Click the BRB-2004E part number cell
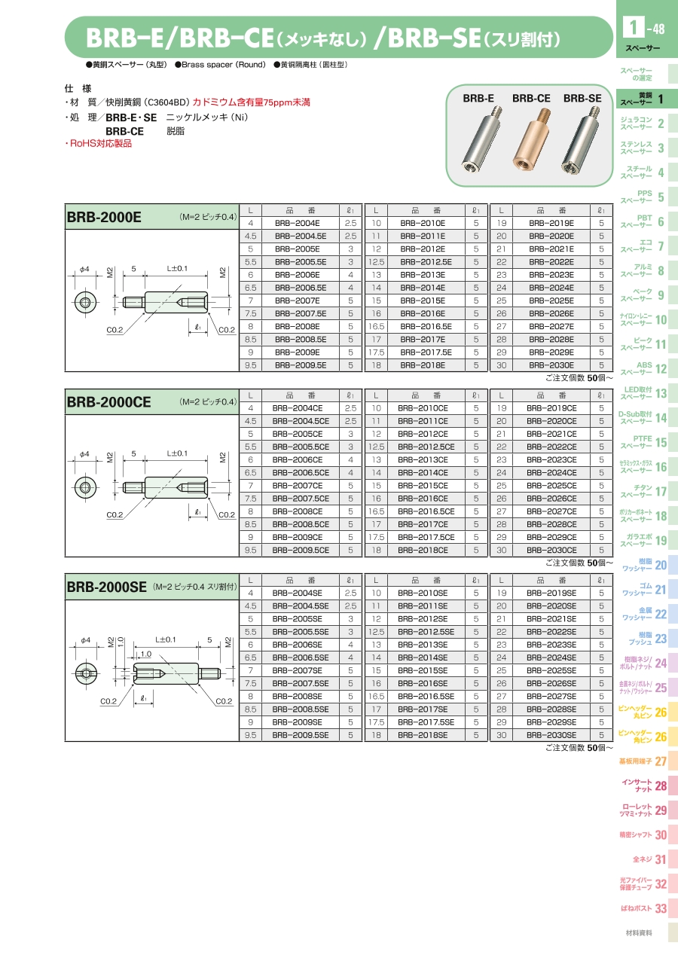coord(297,223)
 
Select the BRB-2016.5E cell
coord(426,326)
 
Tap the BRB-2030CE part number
coord(551,550)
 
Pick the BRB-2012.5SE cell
coord(426,631)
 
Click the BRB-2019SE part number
coord(551,592)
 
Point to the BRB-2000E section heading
coord(104,217)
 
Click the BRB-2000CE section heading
coord(109,401)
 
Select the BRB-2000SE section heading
coord(106,587)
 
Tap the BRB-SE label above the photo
coord(582,98)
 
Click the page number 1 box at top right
coord(628,29)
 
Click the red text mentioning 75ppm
coord(252,102)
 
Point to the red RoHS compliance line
coord(99,143)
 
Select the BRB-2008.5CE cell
coord(297,523)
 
